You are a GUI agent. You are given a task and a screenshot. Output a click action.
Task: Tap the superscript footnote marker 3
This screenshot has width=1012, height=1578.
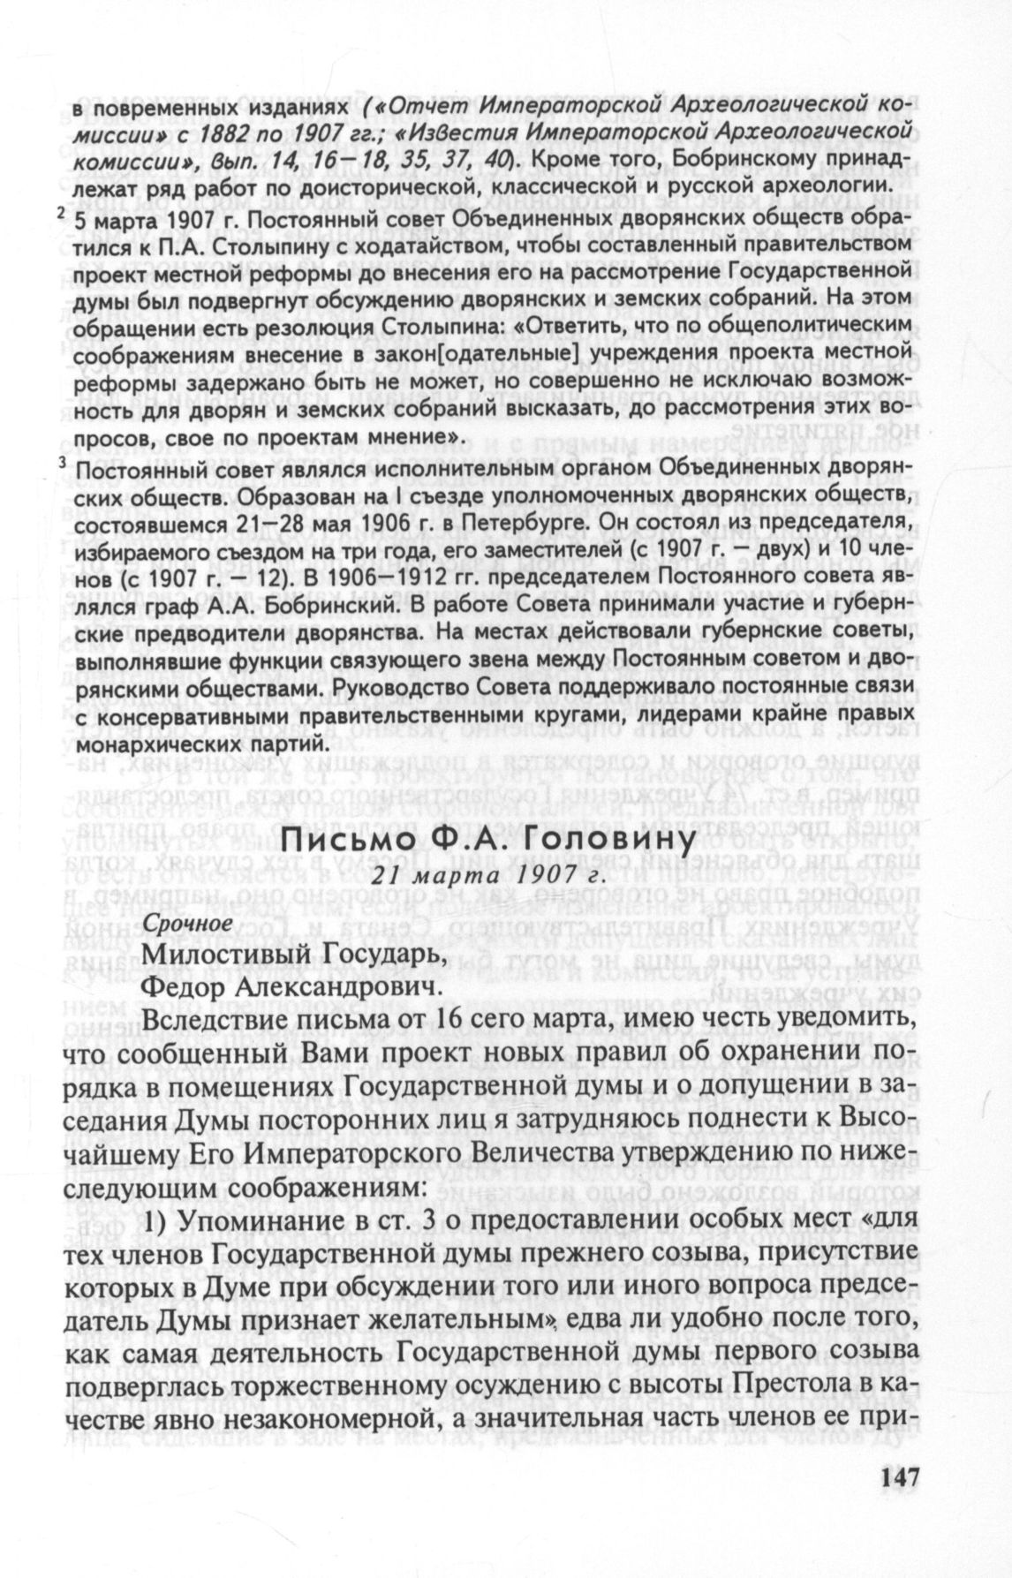[62, 465]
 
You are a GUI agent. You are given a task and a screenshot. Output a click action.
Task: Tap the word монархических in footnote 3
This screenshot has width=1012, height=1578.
[154, 744]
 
